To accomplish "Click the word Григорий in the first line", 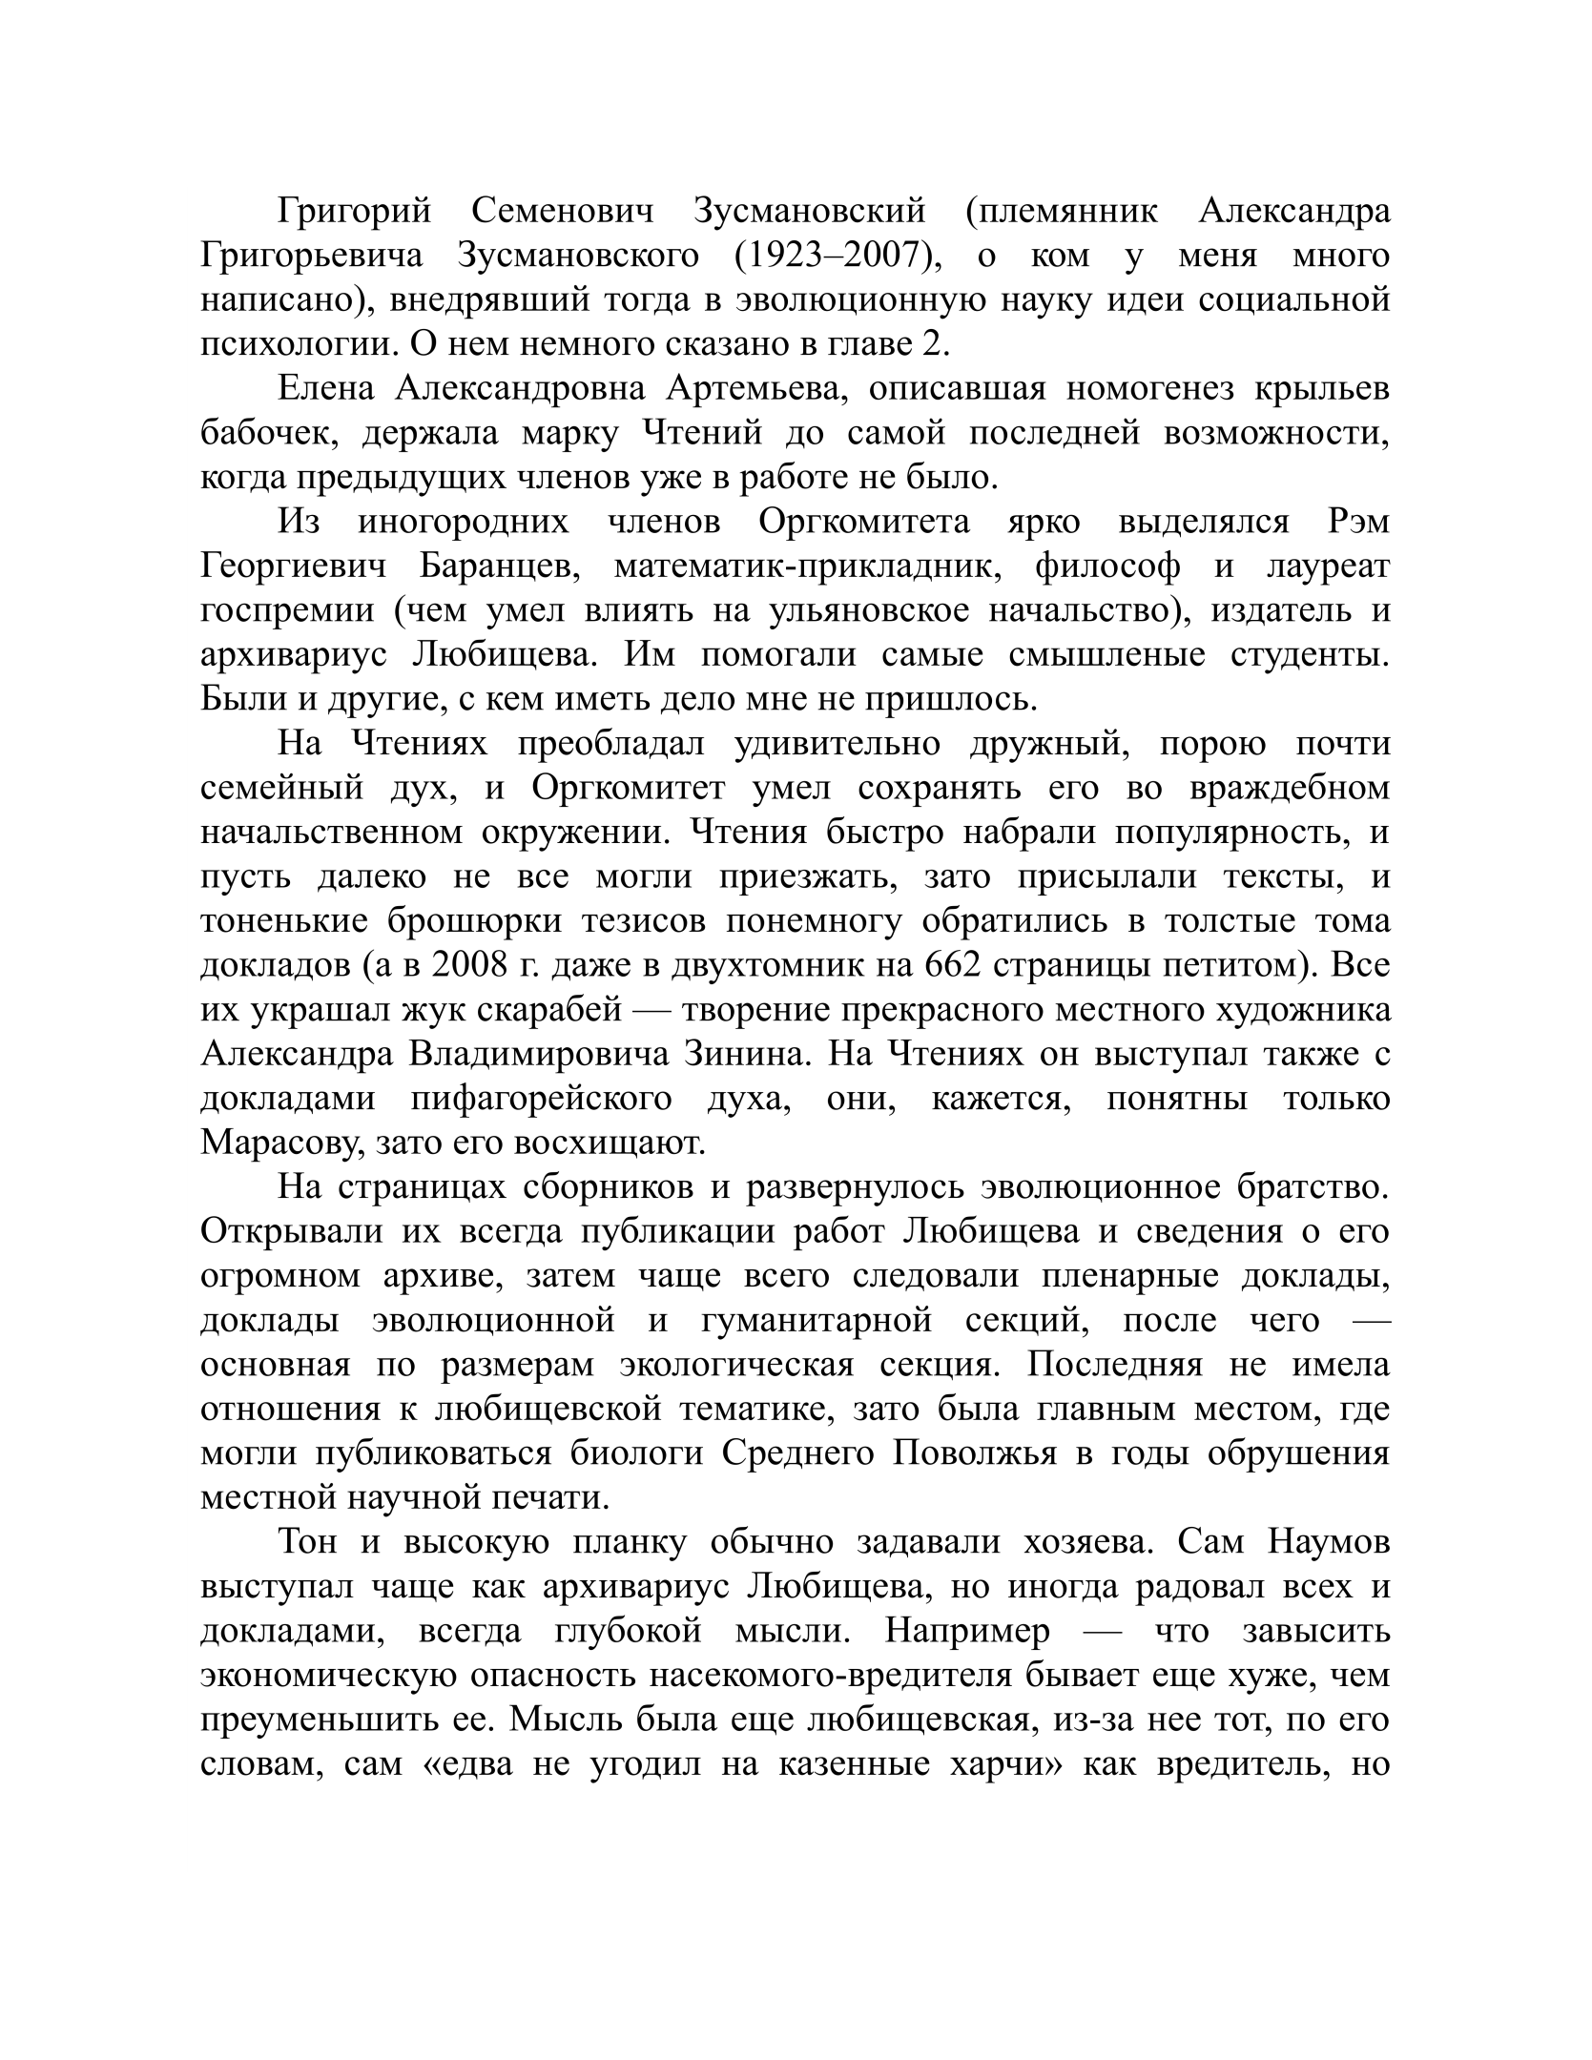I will pos(355,212).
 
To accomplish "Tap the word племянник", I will pos(1061,212).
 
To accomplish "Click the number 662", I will pos(954,966).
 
